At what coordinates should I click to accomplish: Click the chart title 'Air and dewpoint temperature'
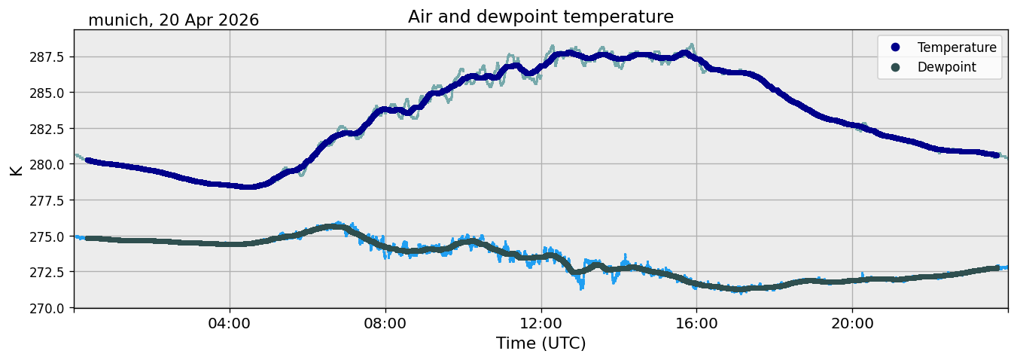click(540, 17)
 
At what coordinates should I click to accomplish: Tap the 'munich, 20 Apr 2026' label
click(173, 20)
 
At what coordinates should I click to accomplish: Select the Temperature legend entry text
click(957, 47)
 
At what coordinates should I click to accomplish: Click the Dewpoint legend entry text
click(947, 67)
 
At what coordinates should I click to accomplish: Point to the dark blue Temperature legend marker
click(895, 47)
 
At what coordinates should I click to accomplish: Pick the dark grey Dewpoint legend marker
click(895, 67)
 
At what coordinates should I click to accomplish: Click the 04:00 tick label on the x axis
click(230, 324)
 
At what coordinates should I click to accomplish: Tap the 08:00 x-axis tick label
click(385, 324)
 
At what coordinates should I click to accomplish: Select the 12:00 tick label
click(541, 324)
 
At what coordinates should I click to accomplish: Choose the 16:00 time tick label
click(696, 324)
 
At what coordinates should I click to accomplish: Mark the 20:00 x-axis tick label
click(852, 324)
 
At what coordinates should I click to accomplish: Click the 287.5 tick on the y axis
click(47, 57)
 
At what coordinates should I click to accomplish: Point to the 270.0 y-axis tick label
click(47, 308)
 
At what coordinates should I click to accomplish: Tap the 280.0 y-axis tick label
click(47, 164)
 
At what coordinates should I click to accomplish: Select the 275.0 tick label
click(47, 236)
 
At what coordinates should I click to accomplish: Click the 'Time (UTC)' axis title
click(540, 343)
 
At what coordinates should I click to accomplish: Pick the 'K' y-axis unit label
click(17, 171)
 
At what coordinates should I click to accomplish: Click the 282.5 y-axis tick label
click(47, 129)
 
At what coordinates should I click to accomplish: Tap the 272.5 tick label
click(47, 273)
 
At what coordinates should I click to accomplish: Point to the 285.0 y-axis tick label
click(47, 93)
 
